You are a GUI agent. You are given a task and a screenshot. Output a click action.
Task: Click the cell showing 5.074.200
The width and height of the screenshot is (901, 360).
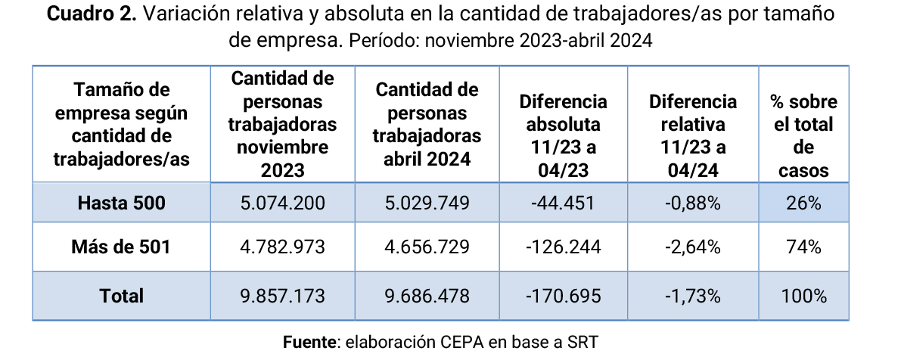click(282, 203)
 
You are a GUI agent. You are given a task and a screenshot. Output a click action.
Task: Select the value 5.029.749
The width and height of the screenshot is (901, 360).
click(427, 203)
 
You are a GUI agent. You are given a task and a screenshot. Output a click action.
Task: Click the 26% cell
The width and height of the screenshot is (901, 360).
click(803, 203)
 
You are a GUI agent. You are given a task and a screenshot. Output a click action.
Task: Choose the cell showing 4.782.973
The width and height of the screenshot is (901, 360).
click(282, 247)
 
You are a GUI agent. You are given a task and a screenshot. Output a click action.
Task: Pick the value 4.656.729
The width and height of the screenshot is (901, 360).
click(427, 247)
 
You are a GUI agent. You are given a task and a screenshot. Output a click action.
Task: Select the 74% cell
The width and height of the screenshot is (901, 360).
click(803, 247)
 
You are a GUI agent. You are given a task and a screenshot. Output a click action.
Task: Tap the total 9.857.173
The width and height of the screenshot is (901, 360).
click(282, 295)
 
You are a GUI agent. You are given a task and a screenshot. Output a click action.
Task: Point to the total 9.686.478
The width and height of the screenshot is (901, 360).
click(427, 295)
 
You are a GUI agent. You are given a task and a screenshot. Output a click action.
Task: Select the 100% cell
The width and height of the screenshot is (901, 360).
click(803, 295)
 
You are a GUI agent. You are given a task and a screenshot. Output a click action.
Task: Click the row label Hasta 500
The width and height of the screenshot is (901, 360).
click(121, 203)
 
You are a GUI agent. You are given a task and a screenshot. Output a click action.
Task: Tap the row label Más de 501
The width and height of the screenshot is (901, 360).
click(121, 247)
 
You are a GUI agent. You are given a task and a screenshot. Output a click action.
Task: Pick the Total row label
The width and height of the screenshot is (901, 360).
click(121, 295)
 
